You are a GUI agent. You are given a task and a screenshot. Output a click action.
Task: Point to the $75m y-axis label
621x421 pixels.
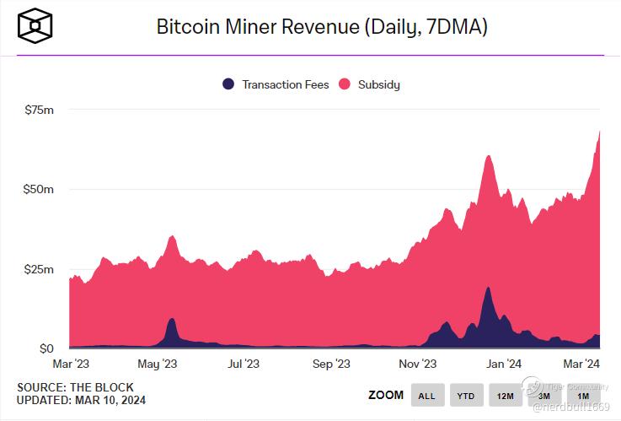(39, 109)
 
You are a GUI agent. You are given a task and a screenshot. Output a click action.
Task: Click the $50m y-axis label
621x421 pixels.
(39, 189)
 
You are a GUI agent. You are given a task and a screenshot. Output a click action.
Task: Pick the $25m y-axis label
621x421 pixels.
(39, 269)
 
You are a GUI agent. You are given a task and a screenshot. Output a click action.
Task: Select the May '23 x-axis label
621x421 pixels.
(157, 364)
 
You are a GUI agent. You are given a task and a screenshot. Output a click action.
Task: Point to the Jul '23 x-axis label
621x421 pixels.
(244, 364)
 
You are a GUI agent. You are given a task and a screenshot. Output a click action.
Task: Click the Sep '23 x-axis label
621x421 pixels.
(330, 364)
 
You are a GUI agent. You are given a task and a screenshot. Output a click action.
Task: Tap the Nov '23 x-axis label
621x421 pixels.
(418, 364)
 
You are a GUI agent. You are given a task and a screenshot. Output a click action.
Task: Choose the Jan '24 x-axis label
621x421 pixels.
(505, 364)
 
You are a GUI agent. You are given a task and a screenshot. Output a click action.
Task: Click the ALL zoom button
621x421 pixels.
(426, 395)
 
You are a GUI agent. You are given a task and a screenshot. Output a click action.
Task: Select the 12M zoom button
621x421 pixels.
(505, 395)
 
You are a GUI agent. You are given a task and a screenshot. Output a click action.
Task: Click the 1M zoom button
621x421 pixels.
(583, 395)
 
